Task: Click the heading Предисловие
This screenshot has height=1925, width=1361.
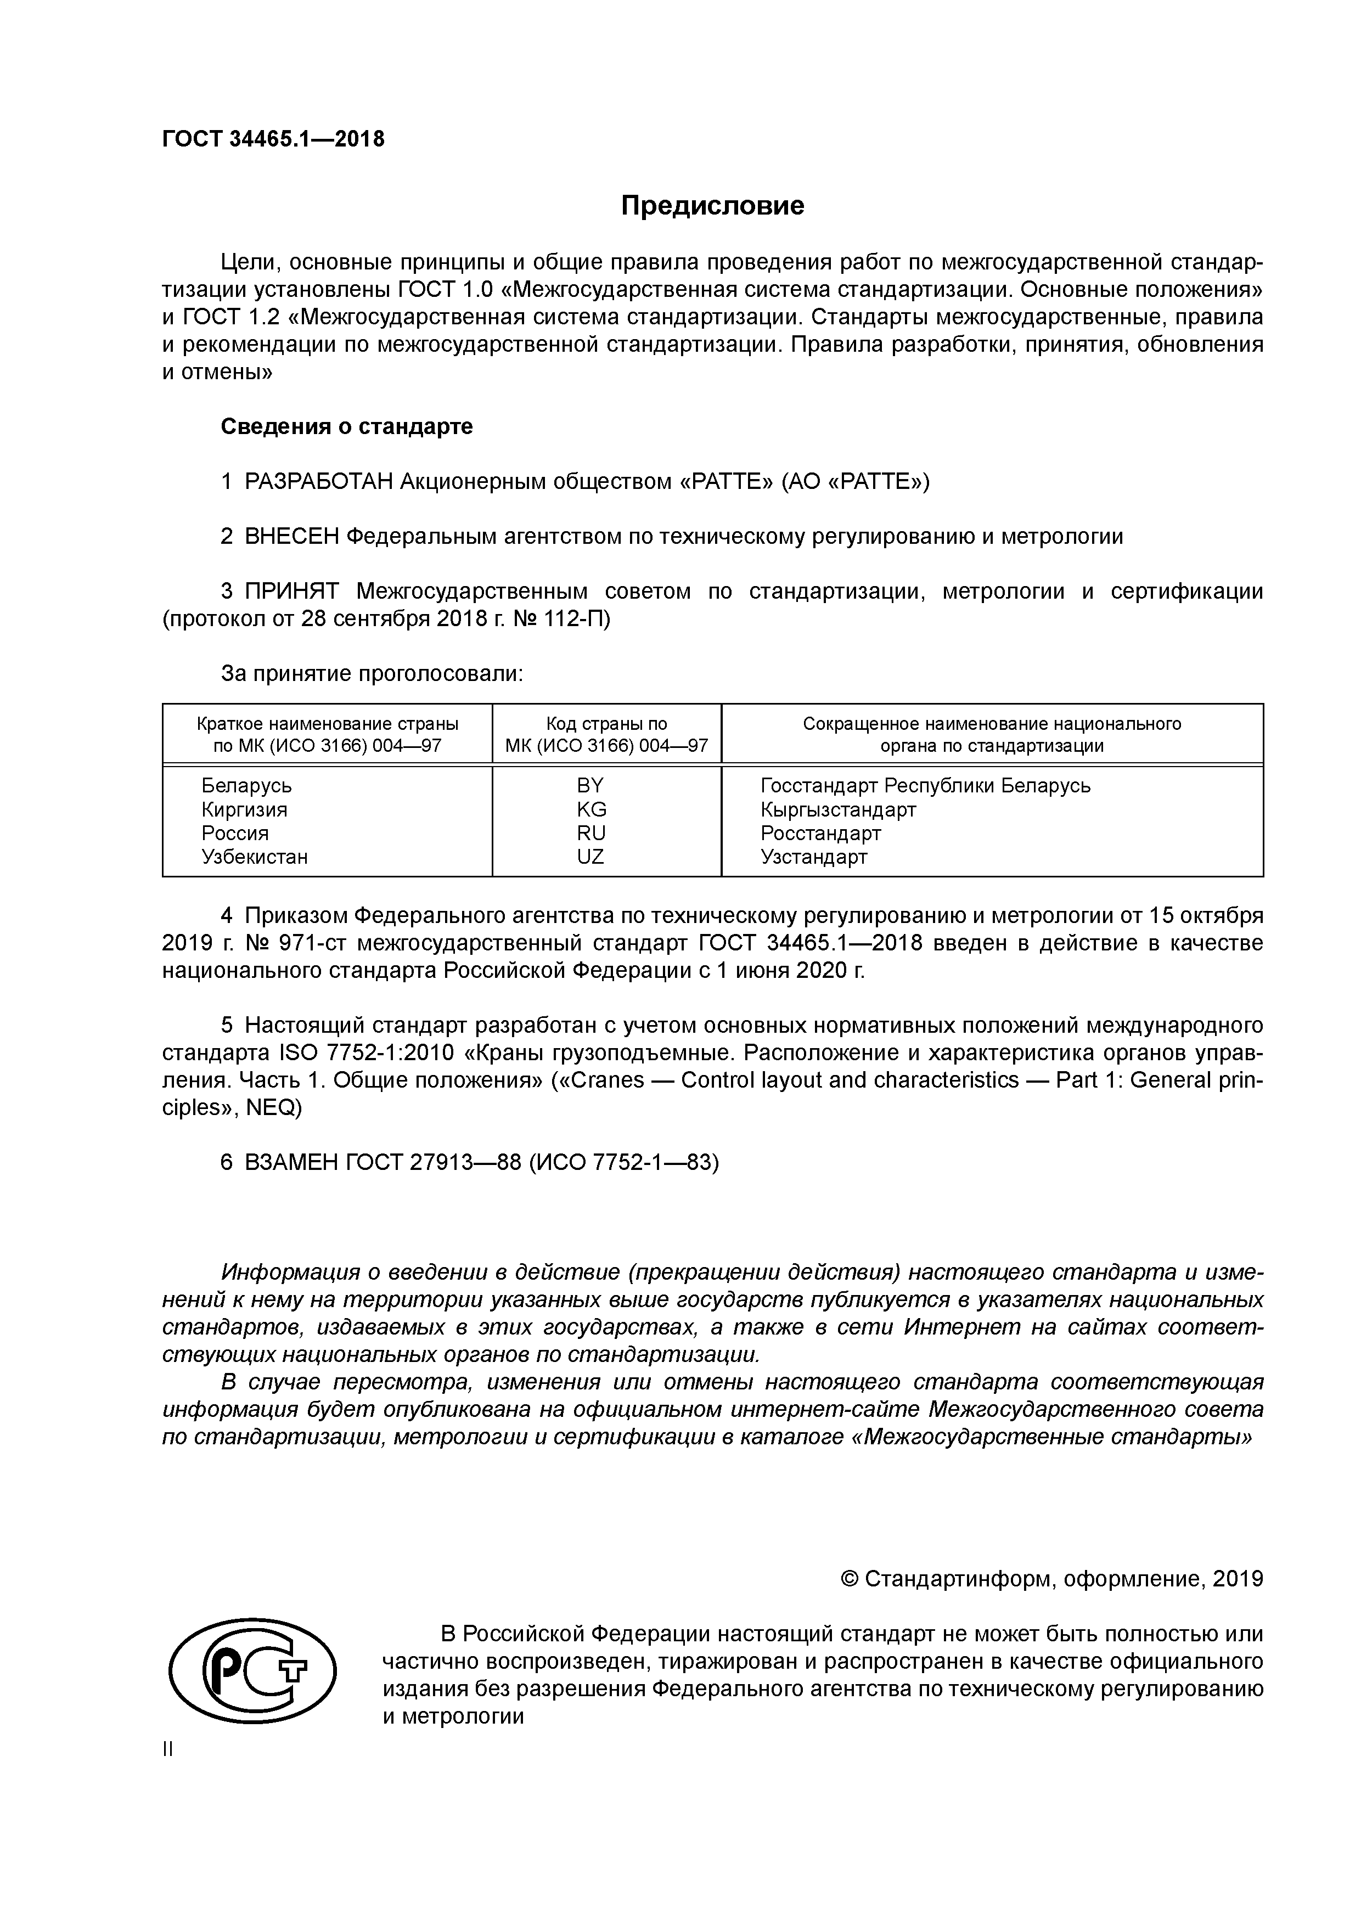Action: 712,205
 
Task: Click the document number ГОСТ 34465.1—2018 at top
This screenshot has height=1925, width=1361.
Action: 273,139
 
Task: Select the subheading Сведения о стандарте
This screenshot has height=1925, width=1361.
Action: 346,427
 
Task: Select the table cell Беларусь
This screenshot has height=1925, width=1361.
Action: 246,786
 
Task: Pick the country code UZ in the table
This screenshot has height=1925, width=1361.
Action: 590,857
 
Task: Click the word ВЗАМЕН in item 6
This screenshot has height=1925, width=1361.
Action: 291,1163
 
